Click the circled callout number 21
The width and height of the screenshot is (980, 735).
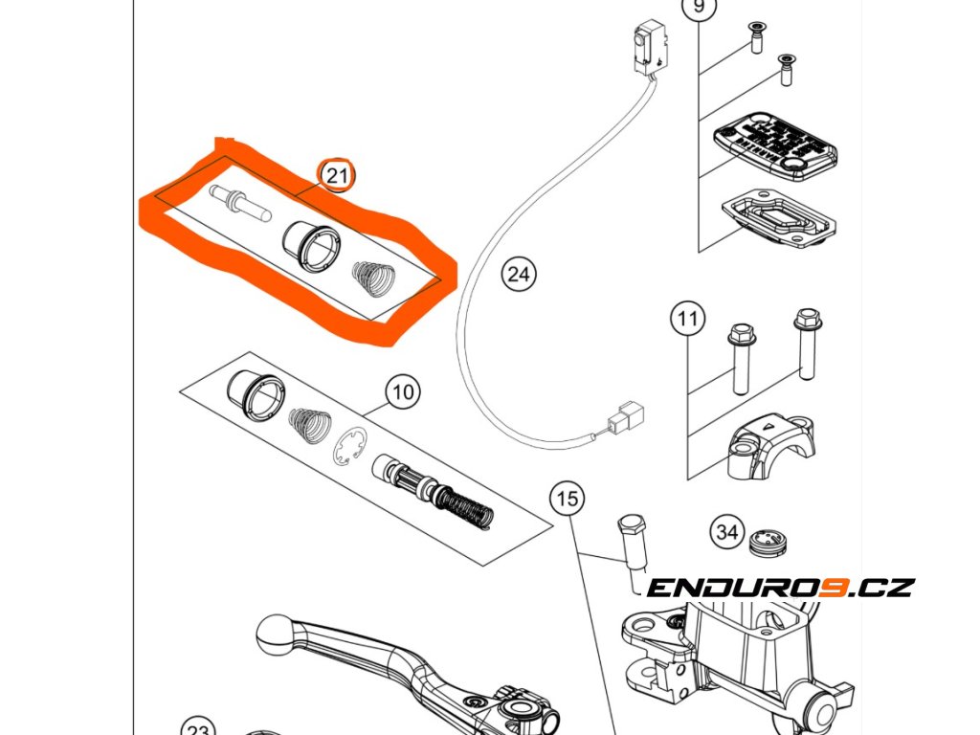(x=336, y=175)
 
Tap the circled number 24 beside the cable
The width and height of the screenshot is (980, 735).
(x=518, y=276)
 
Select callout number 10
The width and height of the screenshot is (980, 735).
(x=403, y=391)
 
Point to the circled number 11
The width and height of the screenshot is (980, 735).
(x=687, y=320)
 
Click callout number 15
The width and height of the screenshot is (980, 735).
(x=568, y=499)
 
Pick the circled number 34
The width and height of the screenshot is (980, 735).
(x=727, y=532)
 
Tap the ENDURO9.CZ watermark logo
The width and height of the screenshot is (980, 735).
(x=780, y=587)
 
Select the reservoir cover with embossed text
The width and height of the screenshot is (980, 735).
(x=775, y=145)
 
